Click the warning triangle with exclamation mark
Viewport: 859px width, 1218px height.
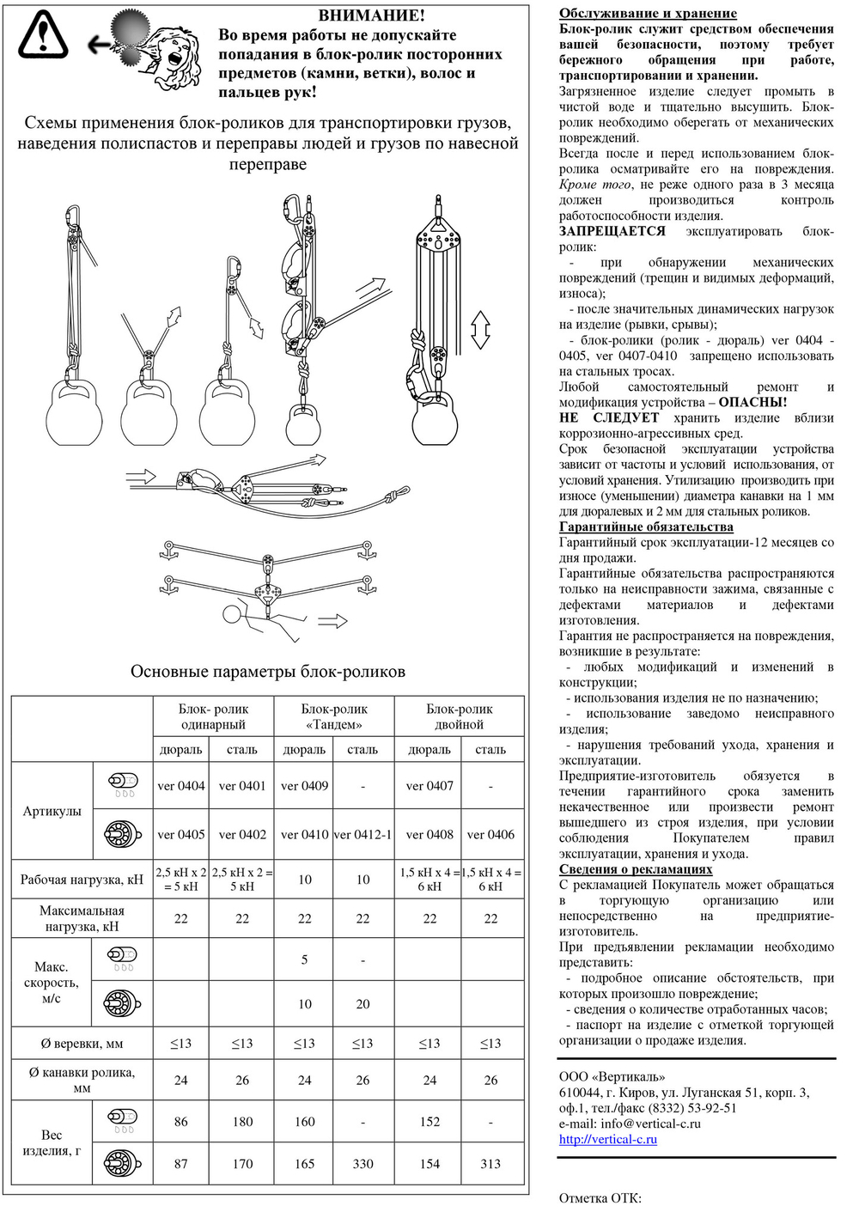click(43, 35)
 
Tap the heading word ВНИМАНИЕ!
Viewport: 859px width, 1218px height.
click(371, 15)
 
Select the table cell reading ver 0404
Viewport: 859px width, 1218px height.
click(181, 785)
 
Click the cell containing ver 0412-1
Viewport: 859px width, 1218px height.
click(362, 834)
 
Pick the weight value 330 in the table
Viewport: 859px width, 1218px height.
click(362, 1164)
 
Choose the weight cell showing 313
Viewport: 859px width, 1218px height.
click(490, 1164)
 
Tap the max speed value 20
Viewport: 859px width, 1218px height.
click(362, 1003)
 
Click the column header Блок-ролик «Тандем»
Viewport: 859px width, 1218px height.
click(334, 716)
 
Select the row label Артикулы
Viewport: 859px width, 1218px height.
click(52, 811)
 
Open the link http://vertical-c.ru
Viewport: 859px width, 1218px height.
click(607, 1139)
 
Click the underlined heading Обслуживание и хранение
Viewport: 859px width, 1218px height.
click(648, 13)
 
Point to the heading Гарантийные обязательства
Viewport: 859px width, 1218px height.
click(646, 527)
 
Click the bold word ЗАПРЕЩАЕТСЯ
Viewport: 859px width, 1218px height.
click(612, 231)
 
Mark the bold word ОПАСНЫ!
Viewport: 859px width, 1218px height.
click(752, 402)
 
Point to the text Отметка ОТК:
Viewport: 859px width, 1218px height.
click(600, 1198)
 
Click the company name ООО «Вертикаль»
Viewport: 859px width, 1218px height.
click(612, 1076)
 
